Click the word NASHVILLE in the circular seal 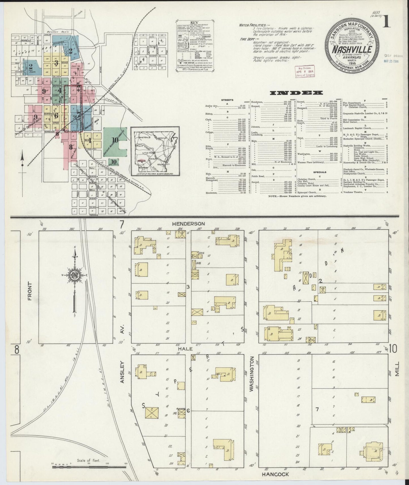pyautogui.click(x=352, y=49)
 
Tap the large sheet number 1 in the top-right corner pyautogui.click(x=387, y=22)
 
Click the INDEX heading pyautogui.click(x=296, y=93)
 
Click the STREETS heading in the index pyautogui.click(x=227, y=100)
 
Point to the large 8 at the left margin pyautogui.click(x=17, y=350)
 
